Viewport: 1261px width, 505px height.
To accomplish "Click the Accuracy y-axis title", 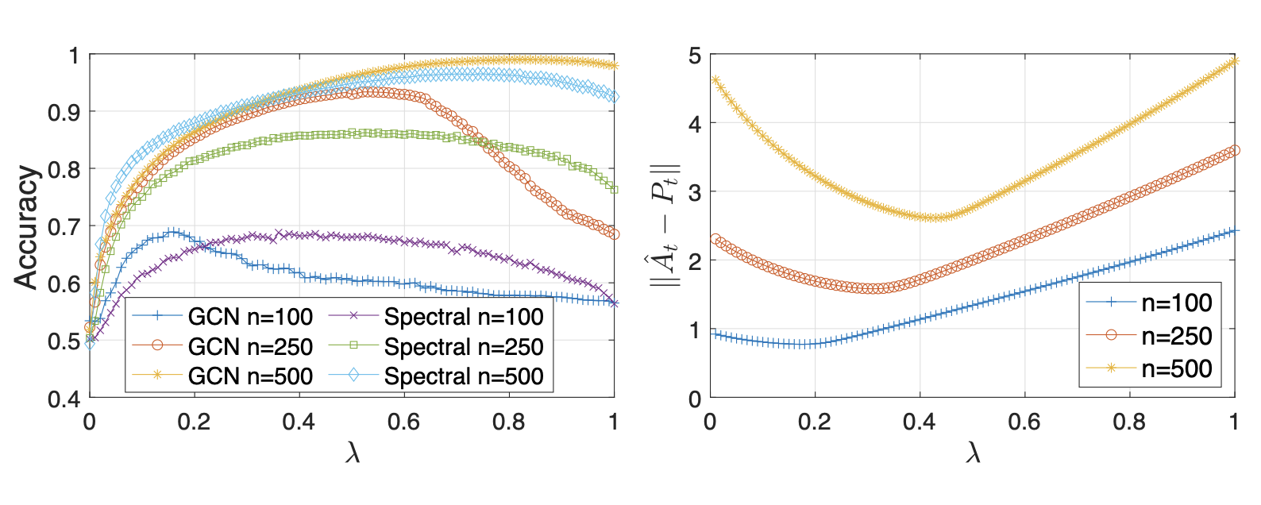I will coord(26,226).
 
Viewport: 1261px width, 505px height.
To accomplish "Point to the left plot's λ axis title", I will coord(353,453).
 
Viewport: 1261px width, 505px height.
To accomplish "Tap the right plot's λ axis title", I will coord(973,453).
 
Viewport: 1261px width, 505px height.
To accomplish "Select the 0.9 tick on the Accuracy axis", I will coord(64,112).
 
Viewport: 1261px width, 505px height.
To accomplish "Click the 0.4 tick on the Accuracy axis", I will coord(64,398).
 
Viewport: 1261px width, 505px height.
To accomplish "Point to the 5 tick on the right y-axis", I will coord(695,56).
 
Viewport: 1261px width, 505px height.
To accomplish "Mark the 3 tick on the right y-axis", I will coord(695,192).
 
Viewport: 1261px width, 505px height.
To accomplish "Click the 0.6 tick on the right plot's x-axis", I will coord(1024,421).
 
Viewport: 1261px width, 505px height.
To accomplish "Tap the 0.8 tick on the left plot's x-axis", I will coord(508,421).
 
